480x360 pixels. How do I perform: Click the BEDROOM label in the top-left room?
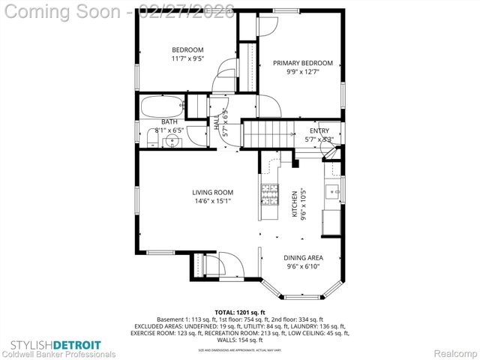(187, 50)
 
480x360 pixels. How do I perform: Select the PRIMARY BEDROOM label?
(302, 64)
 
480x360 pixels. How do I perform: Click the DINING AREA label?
(304, 257)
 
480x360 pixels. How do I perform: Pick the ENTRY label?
(319, 130)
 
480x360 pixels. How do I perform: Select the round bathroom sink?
(172, 139)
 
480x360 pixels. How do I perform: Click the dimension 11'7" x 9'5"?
(187, 58)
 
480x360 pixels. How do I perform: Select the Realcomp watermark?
(453, 352)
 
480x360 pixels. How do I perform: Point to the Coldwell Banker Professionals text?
(58, 352)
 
